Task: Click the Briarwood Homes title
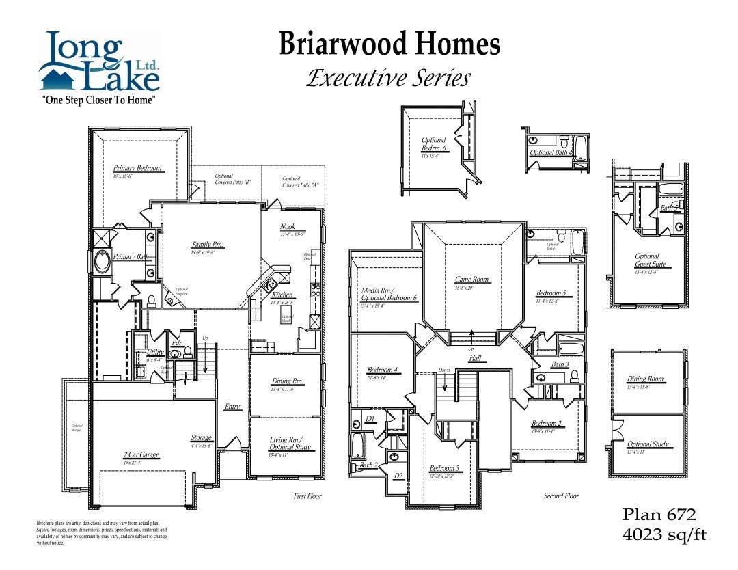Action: [x=389, y=45]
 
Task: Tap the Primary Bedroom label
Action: [x=137, y=168]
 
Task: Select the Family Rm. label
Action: [x=208, y=245]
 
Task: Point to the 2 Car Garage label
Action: [x=141, y=455]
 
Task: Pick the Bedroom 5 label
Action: [x=551, y=293]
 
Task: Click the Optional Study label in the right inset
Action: [x=648, y=444]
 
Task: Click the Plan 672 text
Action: [x=659, y=515]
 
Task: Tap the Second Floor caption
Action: [x=561, y=496]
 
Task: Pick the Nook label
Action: [x=288, y=227]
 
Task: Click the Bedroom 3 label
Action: [x=444, y=469]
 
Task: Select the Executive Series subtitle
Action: [x=388, y=78]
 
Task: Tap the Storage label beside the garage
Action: [x=201, y=438]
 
